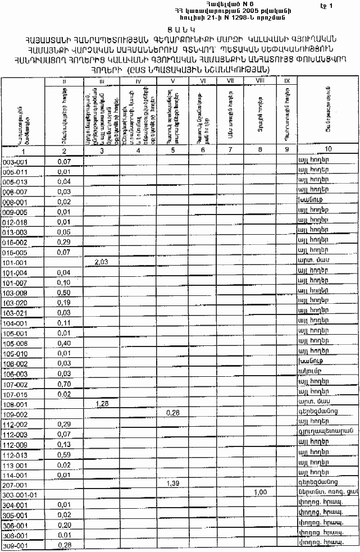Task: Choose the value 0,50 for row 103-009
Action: pyautogui.click(x=63, y=293)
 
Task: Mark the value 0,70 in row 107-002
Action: pyautogui.click(x=63, y=384)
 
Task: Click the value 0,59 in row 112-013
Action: pyautogui.click(x=63, y=455)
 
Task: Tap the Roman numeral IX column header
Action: pyautogui.click(x=286, y=82)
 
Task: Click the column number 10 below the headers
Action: pyautogui.click(x=327, y=150)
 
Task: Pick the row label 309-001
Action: pyautogui.click(x=15, y=546)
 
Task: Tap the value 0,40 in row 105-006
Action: pyautogui.click(x=63, y=343)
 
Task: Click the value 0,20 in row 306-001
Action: pyautogui.click(x=63, y=525)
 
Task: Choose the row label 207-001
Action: pyautogui.click(x=15, y=484)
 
